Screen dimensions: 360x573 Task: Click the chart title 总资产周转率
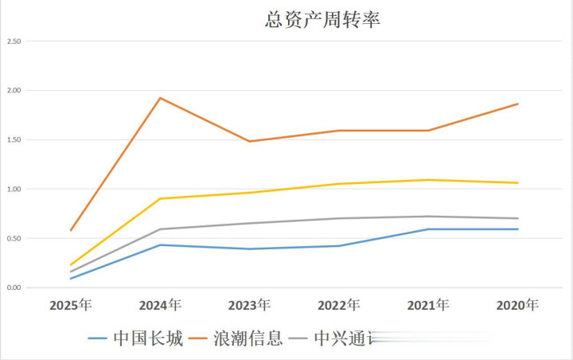(322, 20)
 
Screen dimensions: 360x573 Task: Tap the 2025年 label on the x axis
(71, 305)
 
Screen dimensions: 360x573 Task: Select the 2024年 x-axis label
(160, 305)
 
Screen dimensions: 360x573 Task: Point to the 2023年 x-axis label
(249, 305)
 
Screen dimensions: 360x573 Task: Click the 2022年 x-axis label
(339, 305)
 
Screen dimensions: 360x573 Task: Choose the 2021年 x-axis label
(428, 305)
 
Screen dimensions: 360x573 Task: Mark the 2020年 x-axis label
(517, 305)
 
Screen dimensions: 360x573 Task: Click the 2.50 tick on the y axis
(14, 41)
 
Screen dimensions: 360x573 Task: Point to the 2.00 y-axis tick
(14, 90)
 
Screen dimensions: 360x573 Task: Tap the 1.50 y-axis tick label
(14, 139)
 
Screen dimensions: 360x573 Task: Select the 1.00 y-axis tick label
(14, 189)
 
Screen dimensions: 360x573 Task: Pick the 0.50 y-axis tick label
(14, 238)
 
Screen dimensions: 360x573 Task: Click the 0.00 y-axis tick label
(14, 288)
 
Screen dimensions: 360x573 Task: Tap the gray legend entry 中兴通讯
(334, 338)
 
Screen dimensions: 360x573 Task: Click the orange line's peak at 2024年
(160, 98)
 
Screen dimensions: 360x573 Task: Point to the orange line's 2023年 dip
(249, 141)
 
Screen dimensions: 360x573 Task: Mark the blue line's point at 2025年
(71, 278)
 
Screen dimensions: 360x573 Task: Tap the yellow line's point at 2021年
(428, 180)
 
